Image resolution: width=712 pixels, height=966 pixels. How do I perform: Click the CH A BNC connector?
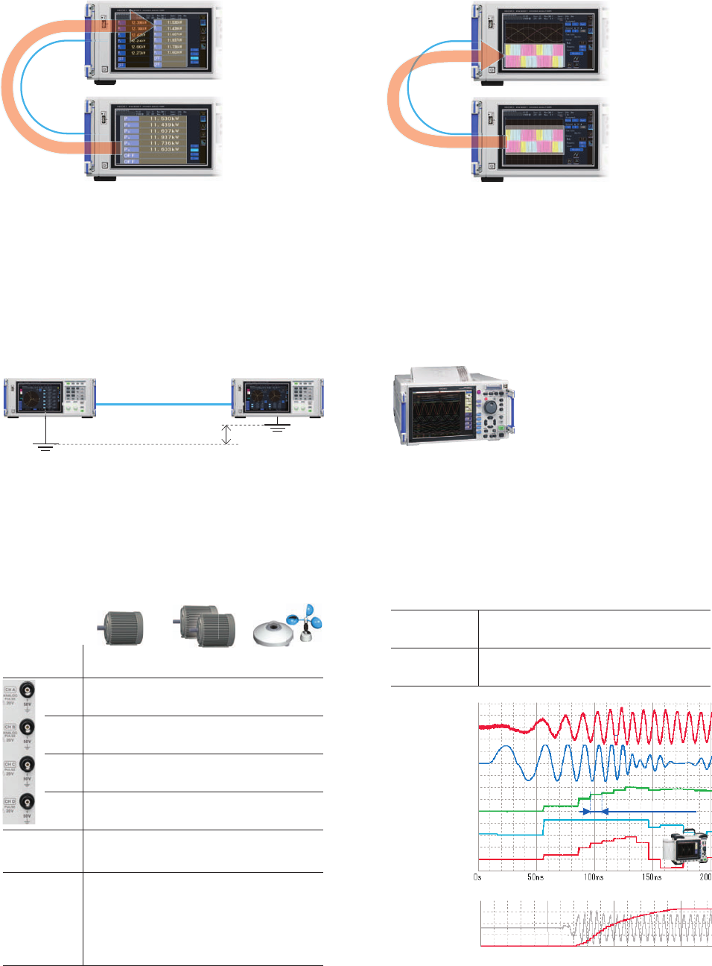(x=27, y=689)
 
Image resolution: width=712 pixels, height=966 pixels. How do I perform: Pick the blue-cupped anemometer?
(x=306, y=622)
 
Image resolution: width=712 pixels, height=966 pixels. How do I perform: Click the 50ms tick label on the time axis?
(x=535, y=877)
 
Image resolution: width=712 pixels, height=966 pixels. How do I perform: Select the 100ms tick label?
(x=594, y=877)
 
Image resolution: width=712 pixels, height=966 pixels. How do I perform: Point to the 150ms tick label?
(x=652, y=877)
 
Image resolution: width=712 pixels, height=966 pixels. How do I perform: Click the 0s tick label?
(x=477, y=877)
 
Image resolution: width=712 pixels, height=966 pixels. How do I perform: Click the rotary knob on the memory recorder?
(x=490, y=408)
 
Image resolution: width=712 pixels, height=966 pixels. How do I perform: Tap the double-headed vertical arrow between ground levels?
(x=228, y=435)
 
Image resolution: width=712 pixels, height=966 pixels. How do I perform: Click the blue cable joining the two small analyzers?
(x=164, y=404)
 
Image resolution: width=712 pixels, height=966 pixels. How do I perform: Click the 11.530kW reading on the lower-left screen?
(x=164, y=119)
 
